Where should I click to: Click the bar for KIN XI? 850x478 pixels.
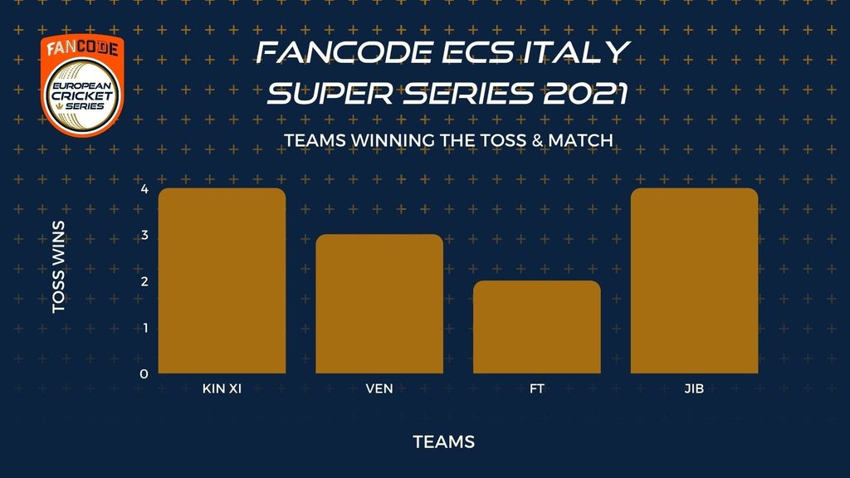pos(222,280)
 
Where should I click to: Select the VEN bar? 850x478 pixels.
pos(379,304)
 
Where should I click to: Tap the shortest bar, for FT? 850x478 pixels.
pos(537,327)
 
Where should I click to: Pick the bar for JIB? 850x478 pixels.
pos(695,280)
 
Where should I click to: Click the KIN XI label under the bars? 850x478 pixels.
pos(222,388)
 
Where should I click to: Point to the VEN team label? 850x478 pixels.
pos(379,388)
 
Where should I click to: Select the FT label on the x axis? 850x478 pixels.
pos(537,388)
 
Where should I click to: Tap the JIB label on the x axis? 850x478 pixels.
pos(695,388)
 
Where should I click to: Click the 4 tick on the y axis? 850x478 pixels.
pos(144,189)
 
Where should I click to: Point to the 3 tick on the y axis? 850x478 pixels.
pos(144,235)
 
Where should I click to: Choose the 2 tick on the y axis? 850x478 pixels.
pos(144,281)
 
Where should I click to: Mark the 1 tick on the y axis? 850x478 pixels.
pos(144,328)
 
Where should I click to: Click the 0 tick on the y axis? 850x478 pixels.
pos(144,374)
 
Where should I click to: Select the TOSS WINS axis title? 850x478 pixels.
pos(59,266)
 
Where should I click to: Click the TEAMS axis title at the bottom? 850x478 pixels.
pos(444,441)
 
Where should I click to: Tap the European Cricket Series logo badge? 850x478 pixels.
pos(82,85)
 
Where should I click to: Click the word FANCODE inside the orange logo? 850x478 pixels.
pos(82,48)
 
